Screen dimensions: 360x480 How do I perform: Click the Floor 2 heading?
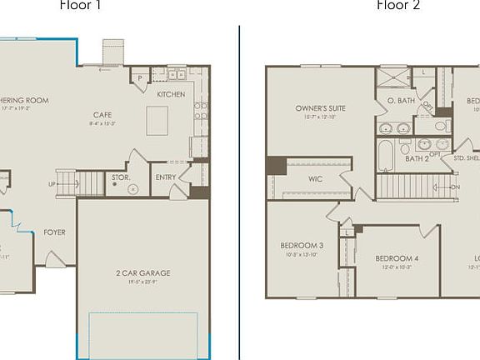[397, 6]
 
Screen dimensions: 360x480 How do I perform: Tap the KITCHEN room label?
[171, 94]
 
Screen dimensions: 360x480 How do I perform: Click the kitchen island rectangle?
[157, 120]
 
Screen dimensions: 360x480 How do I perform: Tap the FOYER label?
[54, 232]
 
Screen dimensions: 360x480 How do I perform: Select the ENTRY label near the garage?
[166, 177]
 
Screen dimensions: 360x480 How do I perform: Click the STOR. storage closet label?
[120, 177]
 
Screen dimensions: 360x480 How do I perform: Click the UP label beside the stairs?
[52, 184]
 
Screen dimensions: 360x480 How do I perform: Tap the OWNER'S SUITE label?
[320, 108]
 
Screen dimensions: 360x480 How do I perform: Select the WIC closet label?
[314, 177]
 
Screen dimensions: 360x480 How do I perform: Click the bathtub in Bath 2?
[384, 156]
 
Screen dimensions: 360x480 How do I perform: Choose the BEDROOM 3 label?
[302, 245]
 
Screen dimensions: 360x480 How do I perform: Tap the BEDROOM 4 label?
[396, 258]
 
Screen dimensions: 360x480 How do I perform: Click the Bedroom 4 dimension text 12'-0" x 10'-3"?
[396, 267]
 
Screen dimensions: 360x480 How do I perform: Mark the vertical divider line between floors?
[239, 192]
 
